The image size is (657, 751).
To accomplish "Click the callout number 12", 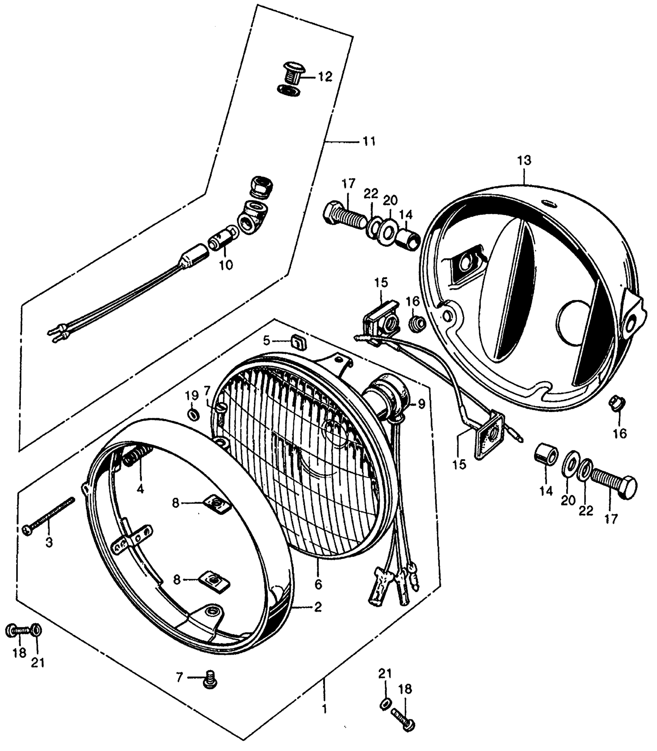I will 325,77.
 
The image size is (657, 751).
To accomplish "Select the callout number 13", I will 524,160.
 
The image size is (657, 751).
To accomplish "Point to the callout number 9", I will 421,404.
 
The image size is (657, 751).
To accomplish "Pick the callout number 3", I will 49,542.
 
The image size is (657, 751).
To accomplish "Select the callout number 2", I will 317,607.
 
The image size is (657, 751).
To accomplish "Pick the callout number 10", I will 226,265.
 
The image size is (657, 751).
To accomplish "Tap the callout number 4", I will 140,489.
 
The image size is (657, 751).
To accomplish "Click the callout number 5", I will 267,341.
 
